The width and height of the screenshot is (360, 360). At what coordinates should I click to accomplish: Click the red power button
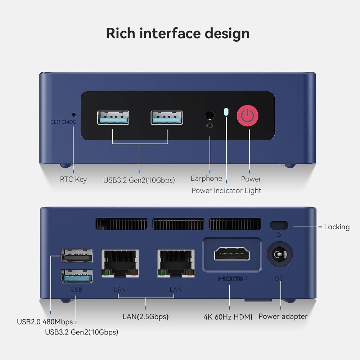pos(248,116)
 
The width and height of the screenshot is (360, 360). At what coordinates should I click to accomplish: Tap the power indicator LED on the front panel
pos(226,112)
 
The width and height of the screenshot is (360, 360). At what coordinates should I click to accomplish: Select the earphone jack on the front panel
pos(210,115)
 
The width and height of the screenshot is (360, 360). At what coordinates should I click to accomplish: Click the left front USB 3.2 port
pos(113,118)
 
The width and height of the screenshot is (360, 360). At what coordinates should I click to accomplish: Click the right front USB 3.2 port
pos(167,118)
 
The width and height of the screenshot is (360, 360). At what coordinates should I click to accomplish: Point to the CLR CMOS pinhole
pos(74,114)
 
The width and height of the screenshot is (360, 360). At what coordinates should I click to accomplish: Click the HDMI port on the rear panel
pos(232,254)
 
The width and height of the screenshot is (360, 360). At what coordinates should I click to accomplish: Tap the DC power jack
pos(280,254)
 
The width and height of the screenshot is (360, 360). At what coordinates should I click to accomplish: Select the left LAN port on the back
pos(120,264)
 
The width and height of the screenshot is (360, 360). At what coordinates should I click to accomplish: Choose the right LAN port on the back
pos(176,264)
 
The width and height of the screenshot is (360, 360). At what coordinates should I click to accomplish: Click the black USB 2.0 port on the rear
pos(77,256)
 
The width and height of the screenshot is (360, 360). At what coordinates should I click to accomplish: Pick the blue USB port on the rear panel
pos(77,276)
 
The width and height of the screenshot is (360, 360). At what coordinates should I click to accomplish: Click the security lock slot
pos(279,225)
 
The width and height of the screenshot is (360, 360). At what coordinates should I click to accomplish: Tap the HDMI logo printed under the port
pos(233,279)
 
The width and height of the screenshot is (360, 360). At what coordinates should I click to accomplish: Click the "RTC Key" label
pos(73,179)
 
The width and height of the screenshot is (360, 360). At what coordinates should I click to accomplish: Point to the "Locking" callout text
pos(337,227)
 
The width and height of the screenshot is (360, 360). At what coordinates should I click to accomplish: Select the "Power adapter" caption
pos(283,316)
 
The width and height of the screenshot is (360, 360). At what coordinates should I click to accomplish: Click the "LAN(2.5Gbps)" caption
pos(145,316)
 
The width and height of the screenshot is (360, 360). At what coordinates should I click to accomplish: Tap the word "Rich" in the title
pos(121,33)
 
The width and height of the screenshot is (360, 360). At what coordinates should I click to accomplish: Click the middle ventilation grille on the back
pos(178,224)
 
